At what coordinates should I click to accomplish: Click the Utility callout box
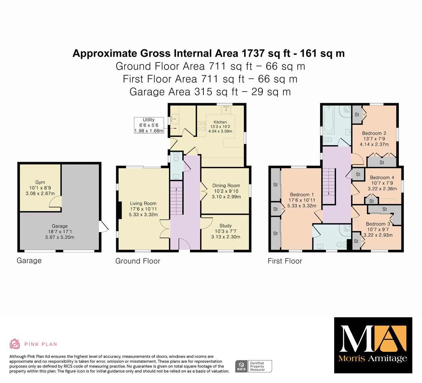[149, 125]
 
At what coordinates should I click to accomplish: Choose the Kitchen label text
[220, 122]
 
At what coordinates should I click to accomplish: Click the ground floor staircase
[176, 198]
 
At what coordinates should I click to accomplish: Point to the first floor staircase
[328, 186]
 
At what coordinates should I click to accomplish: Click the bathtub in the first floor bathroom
[328, 120]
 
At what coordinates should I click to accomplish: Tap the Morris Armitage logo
[373, 345]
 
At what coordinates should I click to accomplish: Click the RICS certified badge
[254, 366]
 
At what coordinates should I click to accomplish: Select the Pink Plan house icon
[15, 344]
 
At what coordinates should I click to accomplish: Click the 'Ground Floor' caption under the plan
[138, 261]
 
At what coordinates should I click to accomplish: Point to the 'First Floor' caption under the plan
[285, 261]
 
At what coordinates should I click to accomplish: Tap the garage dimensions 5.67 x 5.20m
[60, 237]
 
